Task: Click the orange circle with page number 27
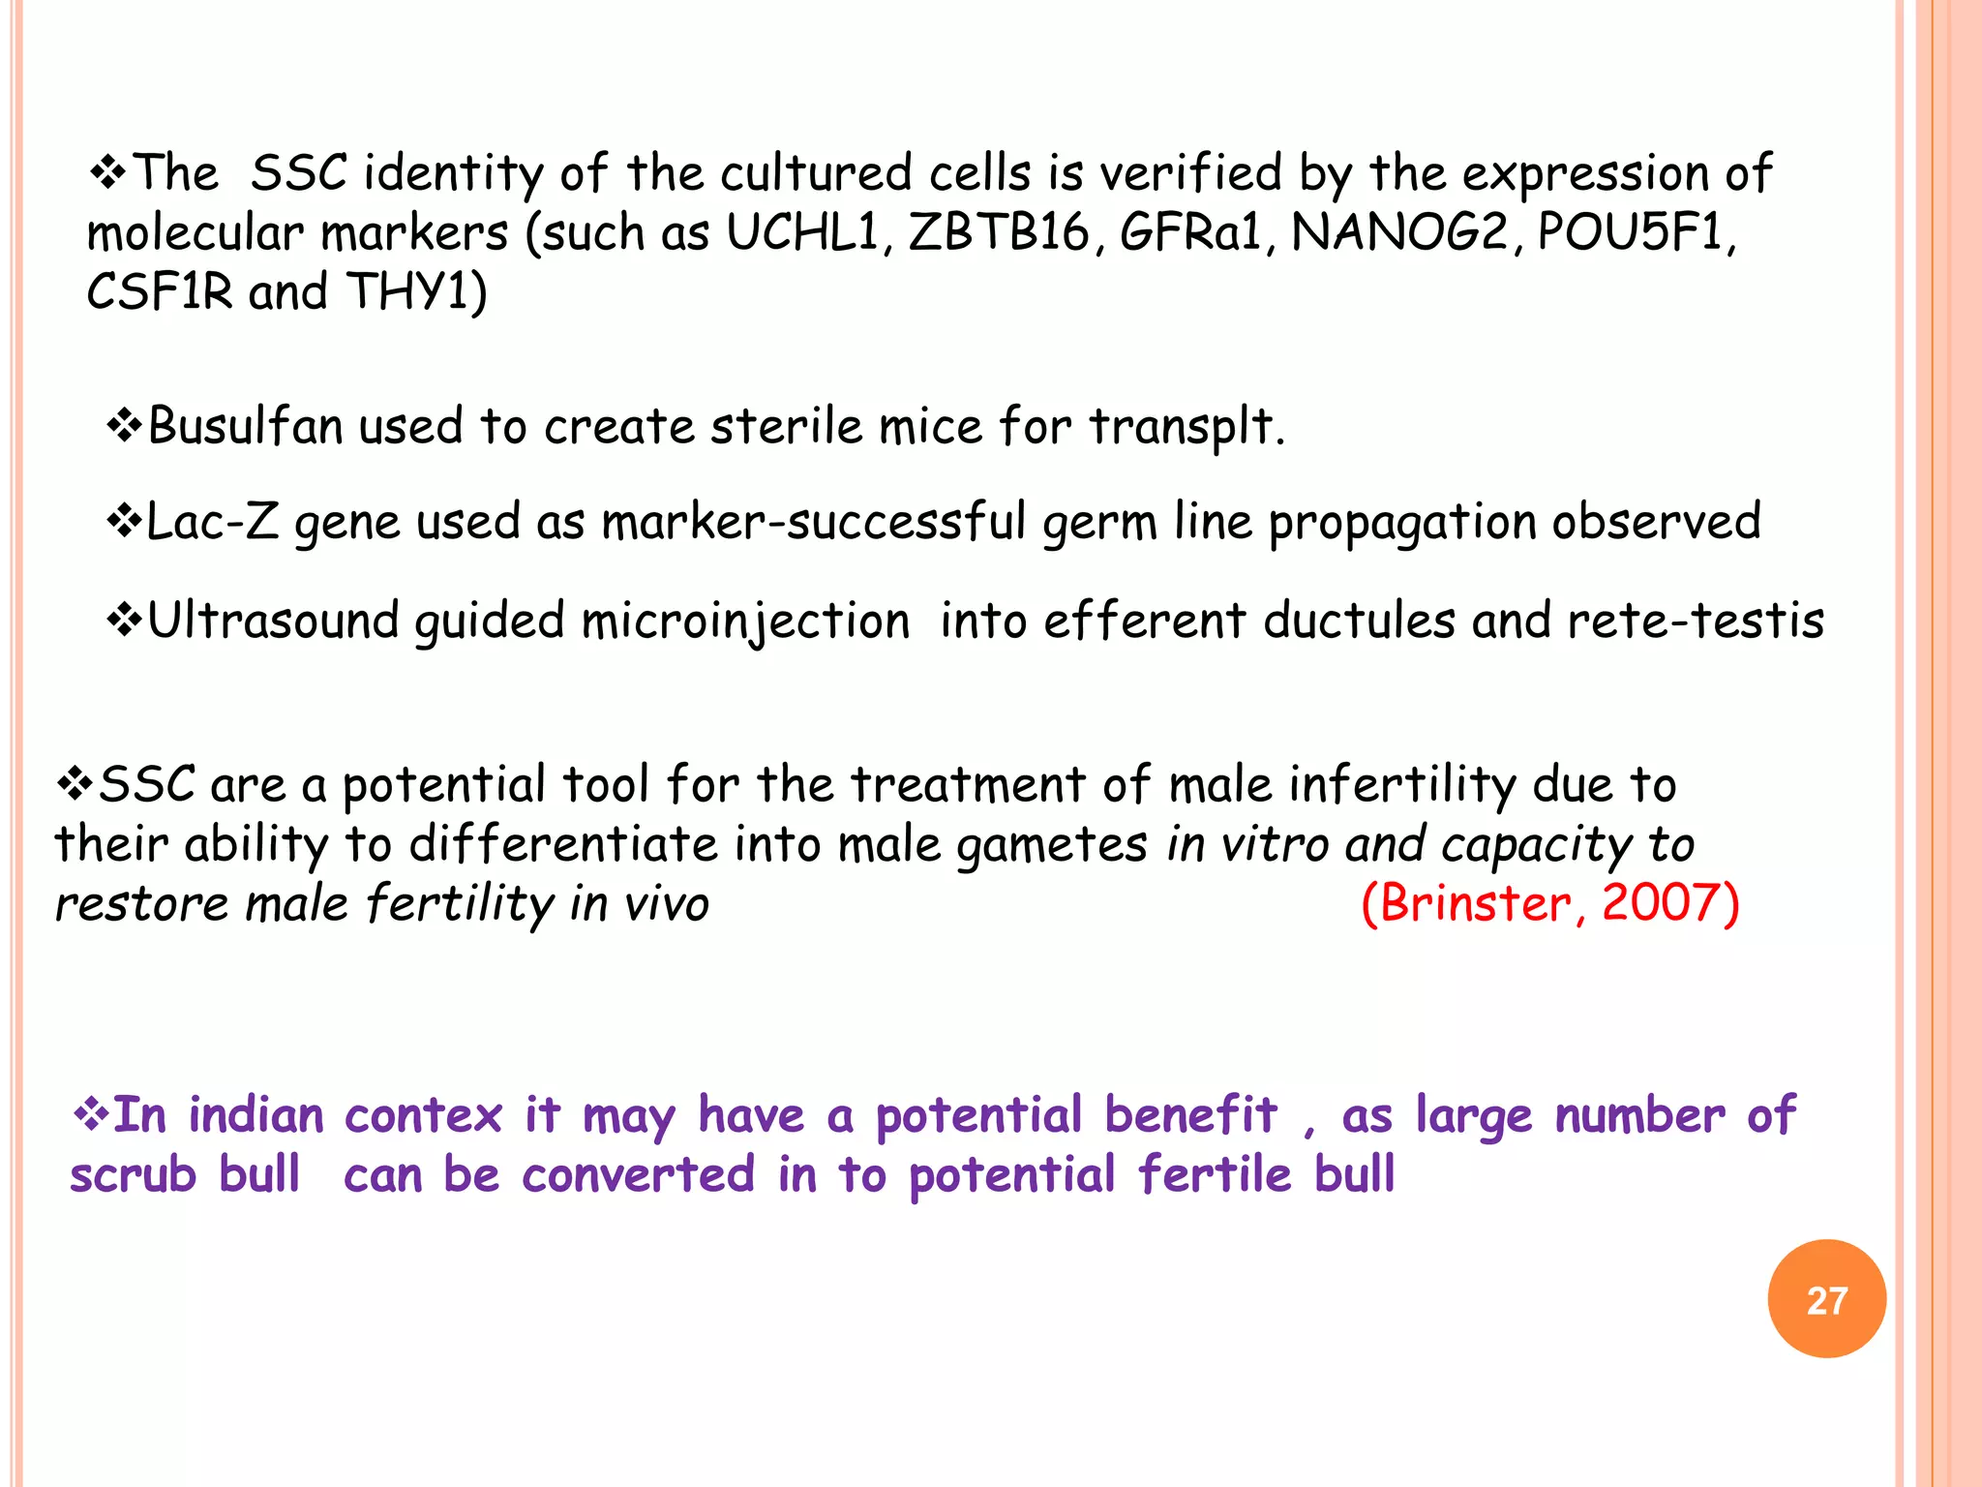tap(1826, 1299)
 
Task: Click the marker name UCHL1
tap(802, 233)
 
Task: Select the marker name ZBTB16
tap(998, 233)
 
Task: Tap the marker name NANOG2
tap(1399, 233)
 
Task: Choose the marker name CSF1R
tap(160, 291)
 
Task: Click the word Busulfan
tap(245, 427)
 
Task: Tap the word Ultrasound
tap(273, 621)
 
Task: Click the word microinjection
tap(745, 622)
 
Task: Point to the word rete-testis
tap(1696, 621)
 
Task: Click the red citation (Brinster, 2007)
tap(1549, 903)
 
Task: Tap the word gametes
tap(1053, 845)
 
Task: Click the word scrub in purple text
tap(134, 1175)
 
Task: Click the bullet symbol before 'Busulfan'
tap(124, 426)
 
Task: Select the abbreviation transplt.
tap(1186, 427)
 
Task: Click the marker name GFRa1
tap(1190, 233)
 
